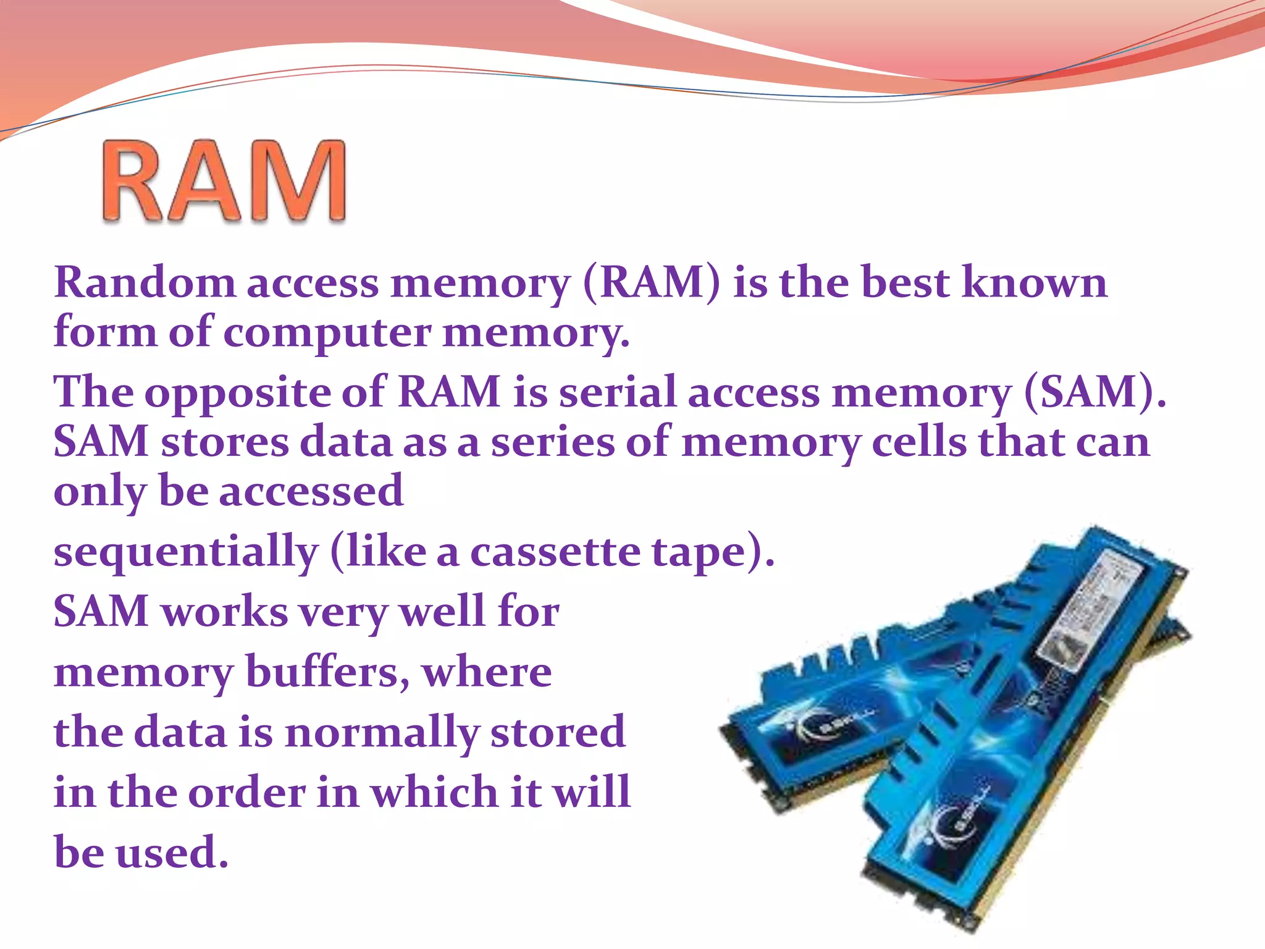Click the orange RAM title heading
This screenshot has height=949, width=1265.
click(x=224, y=180)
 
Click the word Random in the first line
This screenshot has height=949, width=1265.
click(x=145, y=283)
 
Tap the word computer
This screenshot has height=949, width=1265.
click(x=327, y=332)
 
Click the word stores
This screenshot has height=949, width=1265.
click(x=225, y=442)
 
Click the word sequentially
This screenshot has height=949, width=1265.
click(x=186, y=552)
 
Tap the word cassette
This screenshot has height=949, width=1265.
click(x=555, y=552)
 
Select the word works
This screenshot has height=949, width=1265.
click(x=225, y=612)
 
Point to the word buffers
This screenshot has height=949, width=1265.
click(x=327, y=672)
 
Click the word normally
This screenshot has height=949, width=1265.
click(x=382, y=733)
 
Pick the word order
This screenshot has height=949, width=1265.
click(x=247, y=793)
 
